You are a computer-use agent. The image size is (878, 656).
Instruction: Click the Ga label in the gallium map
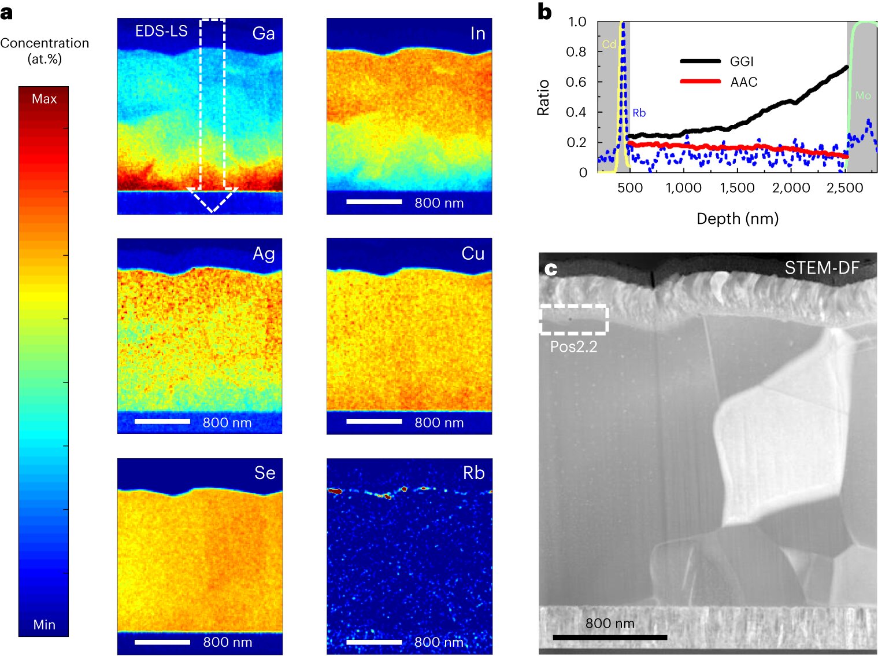point(263,34)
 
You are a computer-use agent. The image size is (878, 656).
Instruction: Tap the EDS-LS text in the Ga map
point(161,31)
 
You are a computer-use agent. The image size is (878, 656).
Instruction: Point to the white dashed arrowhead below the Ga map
point(212,200)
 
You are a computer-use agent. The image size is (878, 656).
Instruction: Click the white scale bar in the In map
point(374,202)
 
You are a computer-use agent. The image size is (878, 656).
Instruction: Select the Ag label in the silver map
point(264,253)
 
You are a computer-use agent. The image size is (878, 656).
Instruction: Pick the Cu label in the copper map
point(473,253)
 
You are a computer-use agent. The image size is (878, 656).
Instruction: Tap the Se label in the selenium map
point(265,473)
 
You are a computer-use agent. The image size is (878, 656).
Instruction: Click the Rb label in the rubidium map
point(473,473)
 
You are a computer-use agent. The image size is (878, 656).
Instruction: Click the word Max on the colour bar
point(44,99)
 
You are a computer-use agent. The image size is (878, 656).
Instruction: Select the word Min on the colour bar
point(44,625)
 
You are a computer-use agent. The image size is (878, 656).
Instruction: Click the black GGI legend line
point(700,61)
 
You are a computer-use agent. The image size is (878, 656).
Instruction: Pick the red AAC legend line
point(700,82)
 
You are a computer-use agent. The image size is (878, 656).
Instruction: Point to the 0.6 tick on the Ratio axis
point(576,82)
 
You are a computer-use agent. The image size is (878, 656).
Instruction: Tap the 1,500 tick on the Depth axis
point(737,188)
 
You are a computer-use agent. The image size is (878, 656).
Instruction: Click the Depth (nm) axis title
point(738,219)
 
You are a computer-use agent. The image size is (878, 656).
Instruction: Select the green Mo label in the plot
point(862,95)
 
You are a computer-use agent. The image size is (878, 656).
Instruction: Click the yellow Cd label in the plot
point(609,45)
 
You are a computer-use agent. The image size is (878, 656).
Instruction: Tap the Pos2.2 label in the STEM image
point(573,347)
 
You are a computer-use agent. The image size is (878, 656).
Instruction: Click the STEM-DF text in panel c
point(821,268)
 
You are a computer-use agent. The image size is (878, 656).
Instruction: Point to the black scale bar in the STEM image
point(610,637)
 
